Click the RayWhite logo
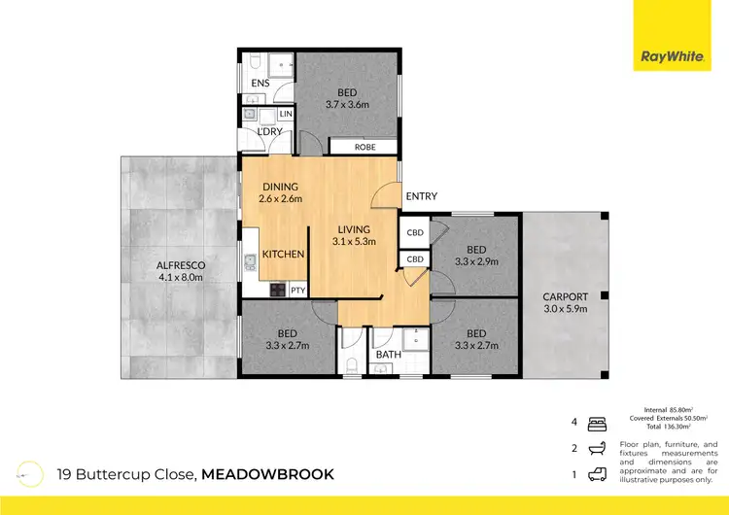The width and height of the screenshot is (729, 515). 671,56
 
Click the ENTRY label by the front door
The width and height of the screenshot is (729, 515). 421,196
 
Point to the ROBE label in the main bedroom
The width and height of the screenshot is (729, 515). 364,148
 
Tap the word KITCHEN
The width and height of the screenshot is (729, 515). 284,254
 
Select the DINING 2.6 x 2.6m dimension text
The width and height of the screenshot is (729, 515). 280,192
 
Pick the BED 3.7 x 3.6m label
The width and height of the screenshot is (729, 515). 347,98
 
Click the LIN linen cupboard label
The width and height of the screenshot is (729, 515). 285,115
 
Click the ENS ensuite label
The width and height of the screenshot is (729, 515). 260,84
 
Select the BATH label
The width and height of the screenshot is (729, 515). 388,356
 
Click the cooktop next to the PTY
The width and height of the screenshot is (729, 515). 275,290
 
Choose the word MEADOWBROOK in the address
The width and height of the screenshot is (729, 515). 268,474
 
